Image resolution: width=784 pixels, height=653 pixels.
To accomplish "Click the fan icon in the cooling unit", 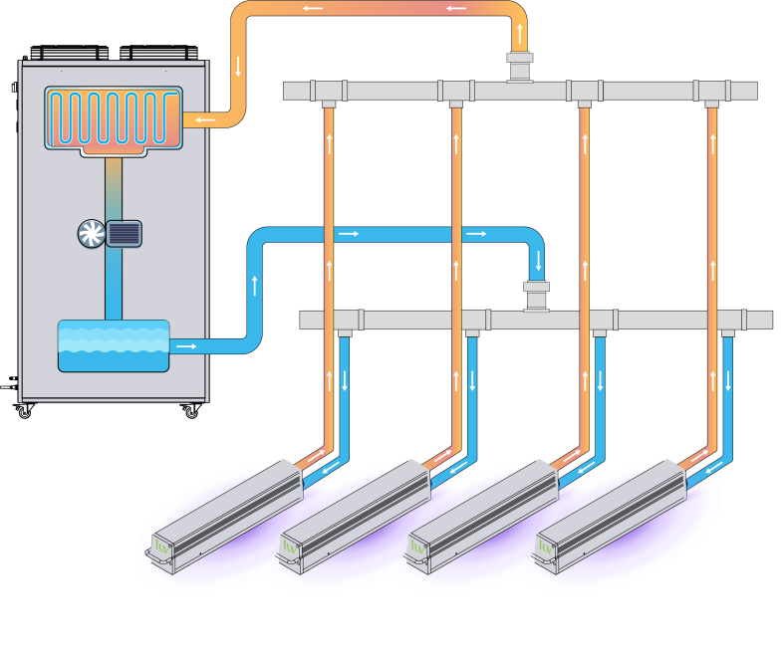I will pyautogui.click(x=91, y=233).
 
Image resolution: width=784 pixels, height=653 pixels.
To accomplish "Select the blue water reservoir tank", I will pyautogui.click(x=113, y=345).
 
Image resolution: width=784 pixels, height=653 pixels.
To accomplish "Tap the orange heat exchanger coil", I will pyautogui.click(x=113, y=119).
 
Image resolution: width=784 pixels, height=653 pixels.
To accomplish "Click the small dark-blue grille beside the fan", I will pyautogui.click(x=125, y=233).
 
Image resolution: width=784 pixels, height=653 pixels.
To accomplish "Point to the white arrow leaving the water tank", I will pyautogui.click(x=184, y=346).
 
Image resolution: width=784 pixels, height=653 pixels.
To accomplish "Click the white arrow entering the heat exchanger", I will pyautogui.click(x=205, y=120).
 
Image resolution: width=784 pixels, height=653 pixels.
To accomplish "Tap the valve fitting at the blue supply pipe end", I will pyautogui.click(x=538, y=296).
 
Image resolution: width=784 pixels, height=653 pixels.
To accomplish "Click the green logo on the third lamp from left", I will pyautogui.click(x=417, y=546).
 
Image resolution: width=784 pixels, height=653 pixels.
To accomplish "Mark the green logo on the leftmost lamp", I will pyautogui.click(x=162, y=546).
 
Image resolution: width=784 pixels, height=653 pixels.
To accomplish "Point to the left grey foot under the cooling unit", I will pyautogui.click(x=108, y=429).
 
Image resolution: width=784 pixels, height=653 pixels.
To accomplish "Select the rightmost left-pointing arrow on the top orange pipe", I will pyautogui.click(x=457, y=9).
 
